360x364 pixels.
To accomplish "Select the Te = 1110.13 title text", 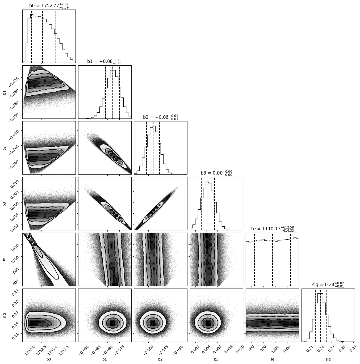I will pos(272,229).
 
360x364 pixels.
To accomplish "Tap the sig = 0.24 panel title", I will pos(328,285).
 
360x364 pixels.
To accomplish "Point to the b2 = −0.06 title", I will pos(161,117).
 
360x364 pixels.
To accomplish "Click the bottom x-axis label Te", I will pos(272,359).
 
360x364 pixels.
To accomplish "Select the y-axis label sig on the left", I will pos(4,315).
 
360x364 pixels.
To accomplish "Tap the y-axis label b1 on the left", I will pos(4,92).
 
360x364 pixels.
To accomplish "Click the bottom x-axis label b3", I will pos(216,359).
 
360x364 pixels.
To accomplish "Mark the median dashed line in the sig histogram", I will pos(321,316).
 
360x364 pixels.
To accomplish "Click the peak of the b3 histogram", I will pos(208,182).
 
